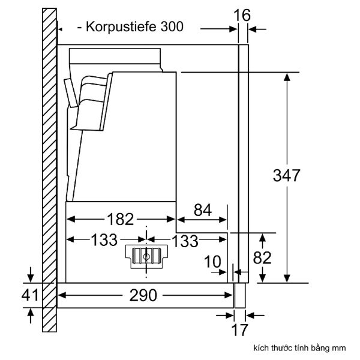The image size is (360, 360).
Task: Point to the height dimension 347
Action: [x=286, y=176]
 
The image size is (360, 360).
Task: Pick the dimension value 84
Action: [x=203, y=210]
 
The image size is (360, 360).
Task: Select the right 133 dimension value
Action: [x=185, y=241]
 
